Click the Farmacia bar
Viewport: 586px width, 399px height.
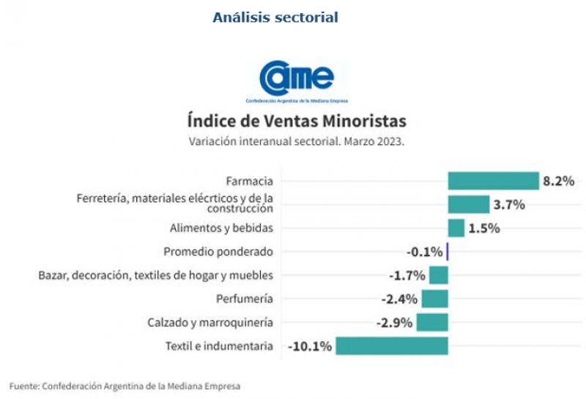pos(493,181)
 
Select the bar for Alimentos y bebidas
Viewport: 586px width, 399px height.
pos(456,228)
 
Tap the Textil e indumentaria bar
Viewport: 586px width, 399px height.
pos(391,346)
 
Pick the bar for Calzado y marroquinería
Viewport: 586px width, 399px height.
pos(432,322)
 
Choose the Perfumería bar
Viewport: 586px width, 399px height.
pos(434,299)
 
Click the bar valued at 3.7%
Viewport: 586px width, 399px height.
pos(468,204)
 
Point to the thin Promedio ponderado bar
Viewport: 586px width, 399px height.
pos(447,252)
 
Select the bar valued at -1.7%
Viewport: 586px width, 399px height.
pos(438,275)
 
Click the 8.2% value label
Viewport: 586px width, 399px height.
pos(558,181)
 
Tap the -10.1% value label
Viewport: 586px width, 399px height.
pos(310,346)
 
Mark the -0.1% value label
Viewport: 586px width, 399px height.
pos(425,252)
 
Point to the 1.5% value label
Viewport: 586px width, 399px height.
pos(484,228)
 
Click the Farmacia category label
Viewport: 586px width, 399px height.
pos(249,181)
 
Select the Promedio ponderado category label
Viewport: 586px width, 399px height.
pos(218,252)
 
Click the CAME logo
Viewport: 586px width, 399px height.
pos(297,81)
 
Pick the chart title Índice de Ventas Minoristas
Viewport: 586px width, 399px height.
pos(297,120)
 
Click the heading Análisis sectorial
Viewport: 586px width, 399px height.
pos(275,17)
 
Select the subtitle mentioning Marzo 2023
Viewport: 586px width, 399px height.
pos(297,141)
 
